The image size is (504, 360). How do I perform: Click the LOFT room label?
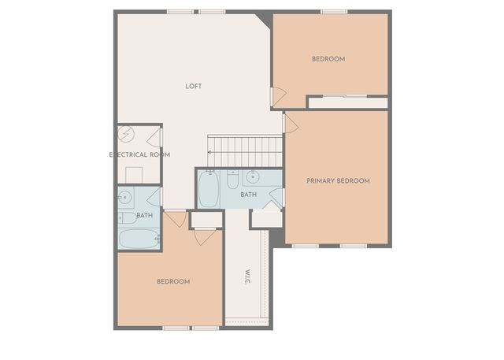(194, 86)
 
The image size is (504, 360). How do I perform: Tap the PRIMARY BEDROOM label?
(338, 181)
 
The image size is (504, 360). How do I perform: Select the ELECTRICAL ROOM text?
(139, 155)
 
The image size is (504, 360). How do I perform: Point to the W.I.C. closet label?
(246, 278)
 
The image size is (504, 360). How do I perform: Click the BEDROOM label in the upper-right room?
(328, 59)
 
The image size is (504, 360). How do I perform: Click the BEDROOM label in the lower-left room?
(172, 282)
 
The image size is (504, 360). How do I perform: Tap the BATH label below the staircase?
(249, 195)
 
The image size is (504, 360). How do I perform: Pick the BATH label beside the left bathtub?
(145, 215)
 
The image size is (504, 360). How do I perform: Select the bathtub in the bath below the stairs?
(209, 189)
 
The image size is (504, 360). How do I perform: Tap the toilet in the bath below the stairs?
(232, 180)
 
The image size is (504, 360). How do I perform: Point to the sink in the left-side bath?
(125, 196)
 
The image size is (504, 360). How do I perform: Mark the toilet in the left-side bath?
(126, 217)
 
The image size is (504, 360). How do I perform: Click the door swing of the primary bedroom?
(290, 123)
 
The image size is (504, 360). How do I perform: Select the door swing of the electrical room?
(154, 138)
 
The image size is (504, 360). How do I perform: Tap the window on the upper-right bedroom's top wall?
(334, 12)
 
